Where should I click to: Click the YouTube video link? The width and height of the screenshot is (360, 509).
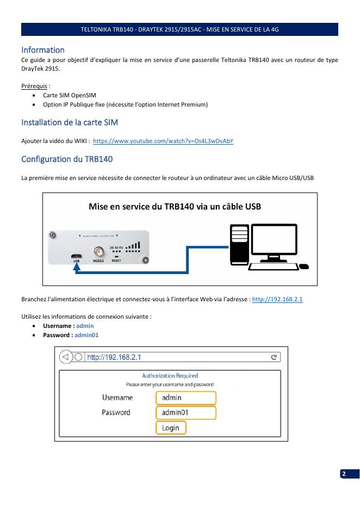coord(163,141)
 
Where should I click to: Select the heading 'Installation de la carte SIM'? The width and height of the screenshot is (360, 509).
coord(70,121)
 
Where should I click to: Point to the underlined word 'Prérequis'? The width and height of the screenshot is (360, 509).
coord(33,86)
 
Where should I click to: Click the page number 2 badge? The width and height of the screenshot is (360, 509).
coord(344,474)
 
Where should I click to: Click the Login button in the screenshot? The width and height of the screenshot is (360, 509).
coord(171,428)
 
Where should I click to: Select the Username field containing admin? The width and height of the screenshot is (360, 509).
coord(186,398)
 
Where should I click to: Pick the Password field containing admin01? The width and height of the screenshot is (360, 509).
coord(186,413)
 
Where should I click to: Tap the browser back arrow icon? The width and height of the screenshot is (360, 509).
coord(66,357)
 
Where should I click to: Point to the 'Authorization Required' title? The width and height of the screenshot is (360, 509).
coord(170,376)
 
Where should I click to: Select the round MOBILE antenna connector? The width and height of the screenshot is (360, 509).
coord(99,252)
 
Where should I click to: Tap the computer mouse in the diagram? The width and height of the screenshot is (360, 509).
coord(304,266)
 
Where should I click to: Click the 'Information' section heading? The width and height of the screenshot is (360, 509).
coord(43,50)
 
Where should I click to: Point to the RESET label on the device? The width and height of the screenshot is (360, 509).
coord(116,261)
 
